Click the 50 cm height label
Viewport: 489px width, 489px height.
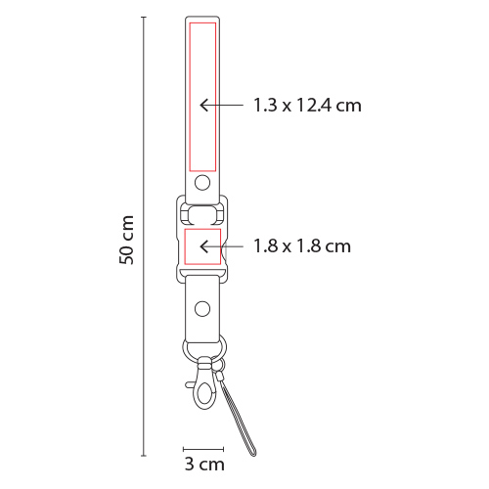(x=126, y=240)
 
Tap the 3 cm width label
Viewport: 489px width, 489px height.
(x=204, y=464)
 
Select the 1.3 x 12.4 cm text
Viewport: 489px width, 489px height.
(x=307, y=106)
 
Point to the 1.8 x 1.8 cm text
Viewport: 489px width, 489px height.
(x=302, y=246)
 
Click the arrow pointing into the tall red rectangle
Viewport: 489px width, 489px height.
(x=221, y=105)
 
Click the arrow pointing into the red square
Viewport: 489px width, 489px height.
(x=221, y=246)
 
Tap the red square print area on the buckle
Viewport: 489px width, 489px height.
(x=202, y=246)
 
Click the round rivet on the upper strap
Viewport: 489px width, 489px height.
(x=202, y=183)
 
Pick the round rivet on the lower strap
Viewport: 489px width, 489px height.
(x=202, y=309)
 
